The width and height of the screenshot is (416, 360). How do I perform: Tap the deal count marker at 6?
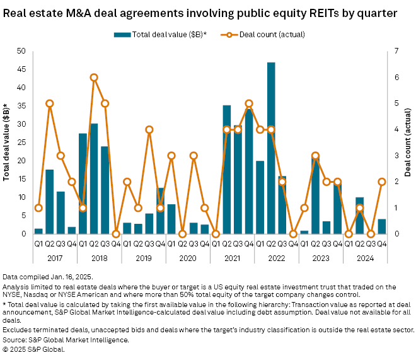tap(94, 78)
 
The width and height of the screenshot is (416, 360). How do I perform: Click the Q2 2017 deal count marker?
tap(49, 103)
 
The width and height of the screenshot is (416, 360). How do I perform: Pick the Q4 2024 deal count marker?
tap(381, 182)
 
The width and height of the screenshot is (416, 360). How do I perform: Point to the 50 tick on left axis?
tap(22, 51)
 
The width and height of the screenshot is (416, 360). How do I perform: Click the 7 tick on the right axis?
tap(390, 51)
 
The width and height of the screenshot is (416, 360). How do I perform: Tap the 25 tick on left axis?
tap(22, 142)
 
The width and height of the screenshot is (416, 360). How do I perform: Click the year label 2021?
tap(232, 257)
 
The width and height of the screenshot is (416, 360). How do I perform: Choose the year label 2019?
tap(144, 257)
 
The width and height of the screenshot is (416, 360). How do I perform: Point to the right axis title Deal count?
tap(408, 142)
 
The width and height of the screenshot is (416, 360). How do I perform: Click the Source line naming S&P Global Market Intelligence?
tap(66, 339)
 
